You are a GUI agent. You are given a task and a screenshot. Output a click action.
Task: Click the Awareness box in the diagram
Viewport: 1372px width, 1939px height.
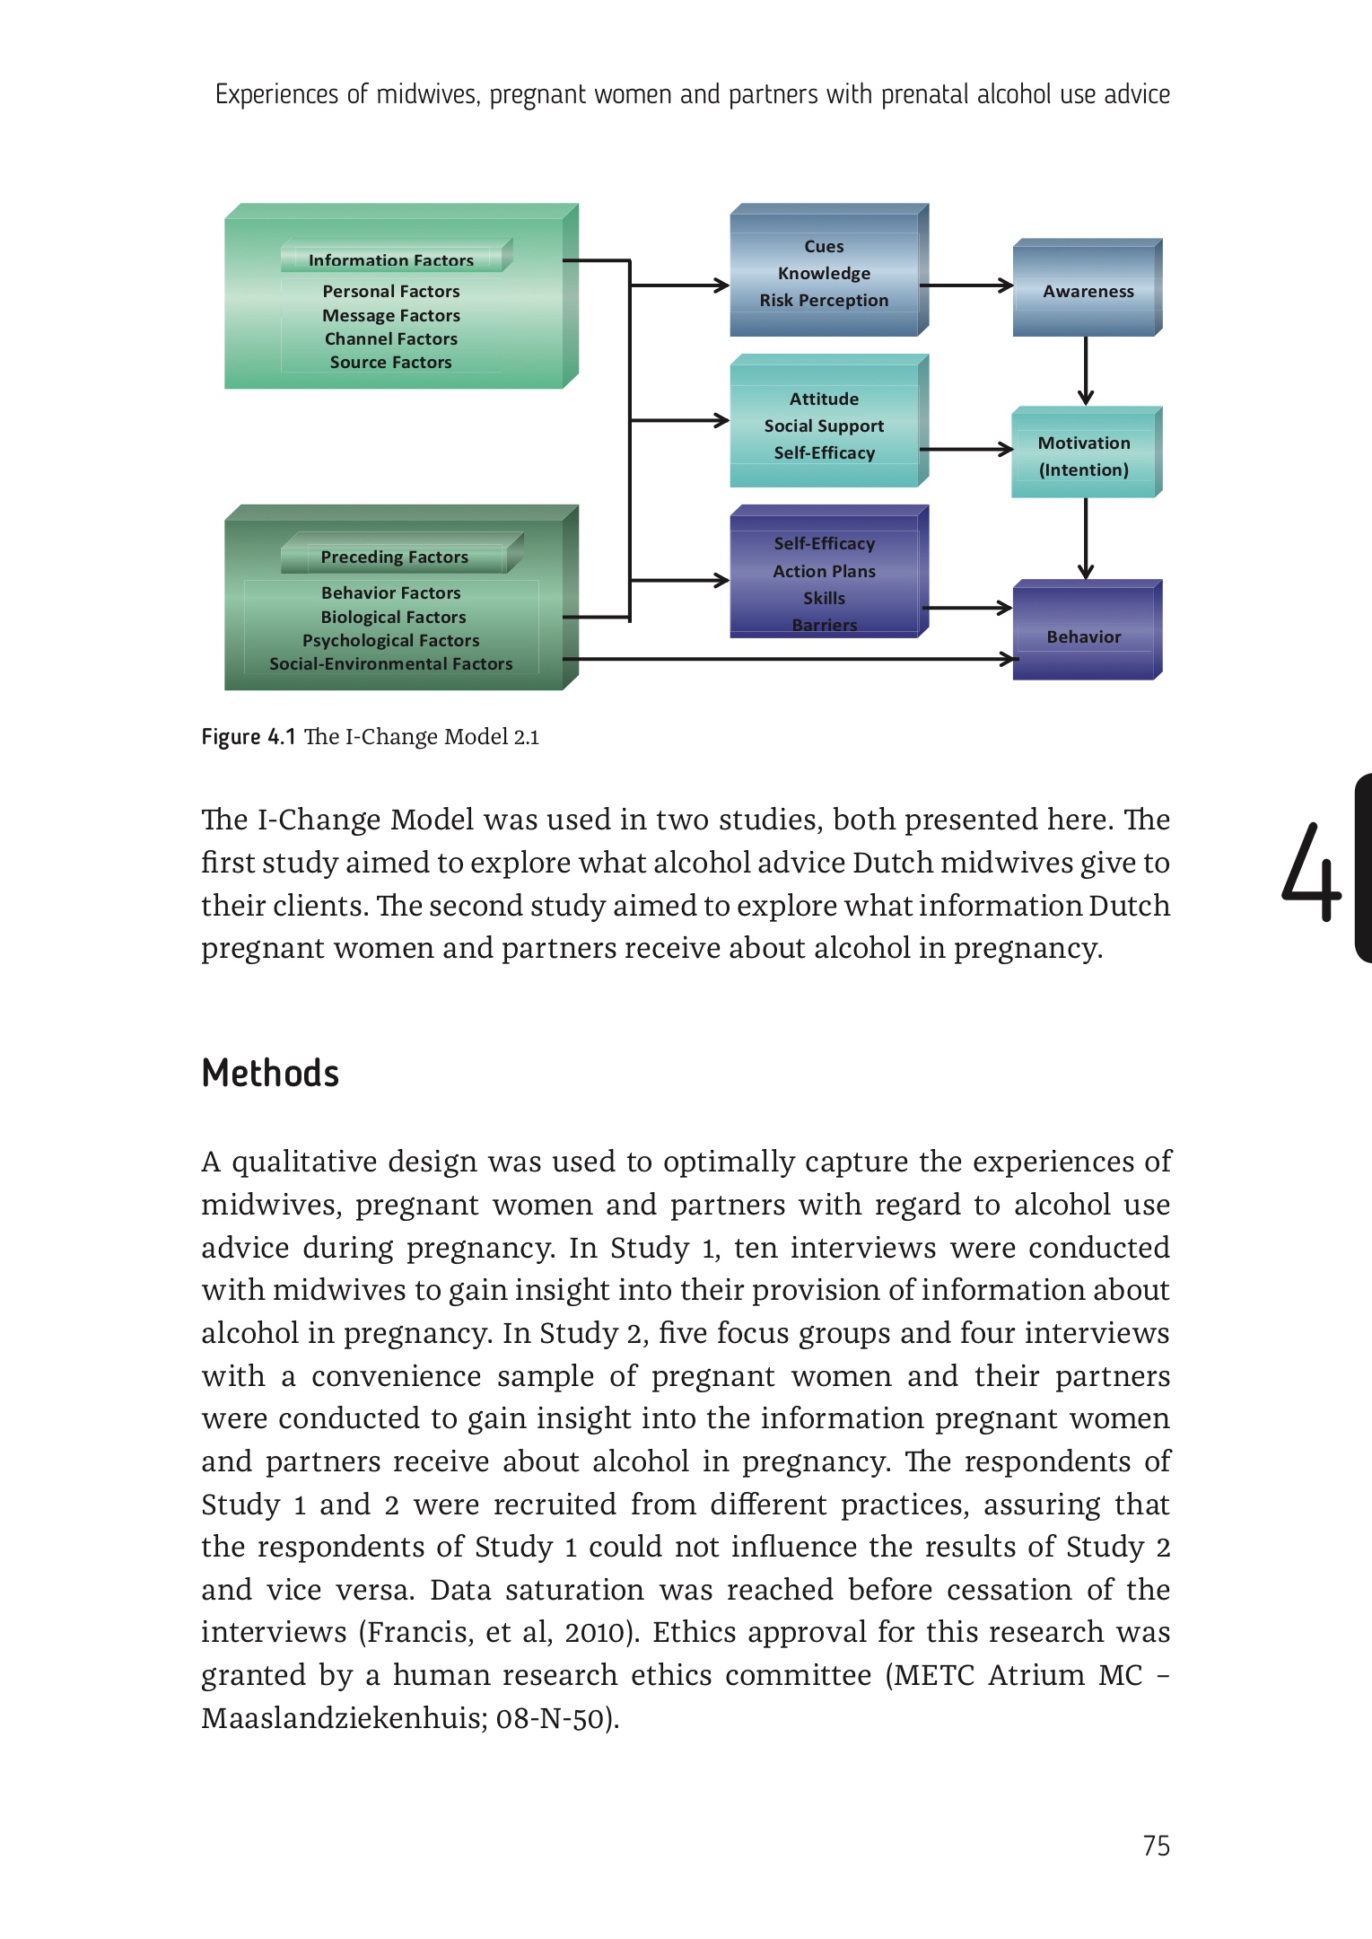coord(1088,291)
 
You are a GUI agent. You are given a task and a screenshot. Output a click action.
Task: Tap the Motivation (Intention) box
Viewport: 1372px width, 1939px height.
coord(1084,455)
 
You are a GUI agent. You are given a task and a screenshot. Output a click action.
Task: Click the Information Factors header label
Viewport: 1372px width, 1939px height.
coord(390,260)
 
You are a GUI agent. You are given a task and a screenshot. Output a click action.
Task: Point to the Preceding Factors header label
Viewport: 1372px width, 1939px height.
coord(394,557)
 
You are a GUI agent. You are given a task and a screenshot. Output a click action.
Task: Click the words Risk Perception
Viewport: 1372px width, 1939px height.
coord(824,300)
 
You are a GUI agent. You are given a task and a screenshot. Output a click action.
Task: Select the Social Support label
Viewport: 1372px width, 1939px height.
coord(824,426)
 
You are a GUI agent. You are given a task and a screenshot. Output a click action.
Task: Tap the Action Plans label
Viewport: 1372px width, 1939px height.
coord(824,571)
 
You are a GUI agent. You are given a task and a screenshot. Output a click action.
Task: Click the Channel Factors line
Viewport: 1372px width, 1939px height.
coord(390,338)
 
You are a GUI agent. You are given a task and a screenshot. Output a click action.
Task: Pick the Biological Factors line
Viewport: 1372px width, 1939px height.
coord(393,617)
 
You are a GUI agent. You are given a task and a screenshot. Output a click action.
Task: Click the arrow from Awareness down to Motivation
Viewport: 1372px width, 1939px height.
coord(1086,370)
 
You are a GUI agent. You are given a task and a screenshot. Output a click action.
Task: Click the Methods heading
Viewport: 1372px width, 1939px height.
coord(270,1073)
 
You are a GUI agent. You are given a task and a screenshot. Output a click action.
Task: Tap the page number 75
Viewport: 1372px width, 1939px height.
coord(1156,1846)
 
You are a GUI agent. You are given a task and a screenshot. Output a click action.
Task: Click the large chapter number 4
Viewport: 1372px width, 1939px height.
coord(1310,873)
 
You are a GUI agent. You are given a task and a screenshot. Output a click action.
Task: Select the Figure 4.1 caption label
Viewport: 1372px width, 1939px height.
coord(248,737)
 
